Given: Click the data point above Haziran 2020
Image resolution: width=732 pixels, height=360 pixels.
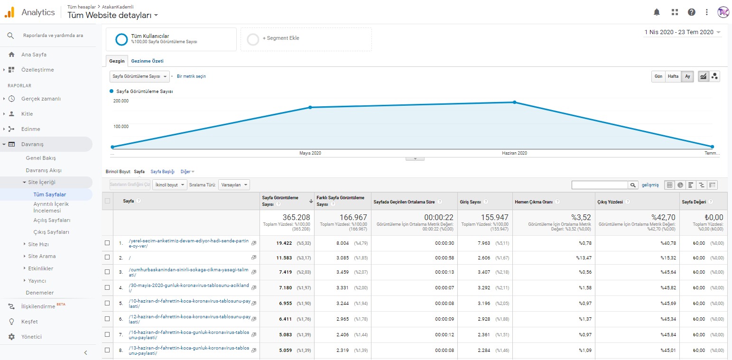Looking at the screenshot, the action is coord(514,102).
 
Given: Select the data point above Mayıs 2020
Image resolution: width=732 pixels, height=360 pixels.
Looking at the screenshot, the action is coord(310,107).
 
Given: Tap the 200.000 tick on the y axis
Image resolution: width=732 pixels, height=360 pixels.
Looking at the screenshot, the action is coord(121,101).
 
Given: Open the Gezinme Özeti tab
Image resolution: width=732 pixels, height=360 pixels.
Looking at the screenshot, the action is coord(147,61).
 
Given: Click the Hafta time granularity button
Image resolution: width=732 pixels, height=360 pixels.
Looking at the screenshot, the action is coord(673,76).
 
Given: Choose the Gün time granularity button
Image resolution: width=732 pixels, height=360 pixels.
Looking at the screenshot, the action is coord(658,76).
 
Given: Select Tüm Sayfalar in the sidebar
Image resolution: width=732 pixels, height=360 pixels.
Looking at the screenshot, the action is coord(50,194).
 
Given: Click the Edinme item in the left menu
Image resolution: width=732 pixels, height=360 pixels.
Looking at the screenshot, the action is coord(31,129).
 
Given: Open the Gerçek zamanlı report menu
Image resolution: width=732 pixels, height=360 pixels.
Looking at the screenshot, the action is coord(41,99).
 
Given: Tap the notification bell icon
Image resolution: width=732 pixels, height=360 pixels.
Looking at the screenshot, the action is coord(657,12).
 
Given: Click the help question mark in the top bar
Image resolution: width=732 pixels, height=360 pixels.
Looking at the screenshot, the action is coord(691,12).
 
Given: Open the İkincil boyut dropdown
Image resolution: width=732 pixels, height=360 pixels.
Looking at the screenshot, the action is coord(170,185).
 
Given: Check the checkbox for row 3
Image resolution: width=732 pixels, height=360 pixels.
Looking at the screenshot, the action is coord(107,272).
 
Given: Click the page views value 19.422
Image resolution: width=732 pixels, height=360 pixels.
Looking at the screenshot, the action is coord(284,243).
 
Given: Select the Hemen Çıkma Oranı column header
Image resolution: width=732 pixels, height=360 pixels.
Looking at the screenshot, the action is coord(534,202).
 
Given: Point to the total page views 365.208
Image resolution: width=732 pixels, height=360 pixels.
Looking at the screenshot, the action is coord(296,217).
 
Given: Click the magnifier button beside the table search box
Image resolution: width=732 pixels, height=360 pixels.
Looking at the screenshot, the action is coord(633,185).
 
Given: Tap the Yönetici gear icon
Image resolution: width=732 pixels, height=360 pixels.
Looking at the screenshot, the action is coord(11,337).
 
